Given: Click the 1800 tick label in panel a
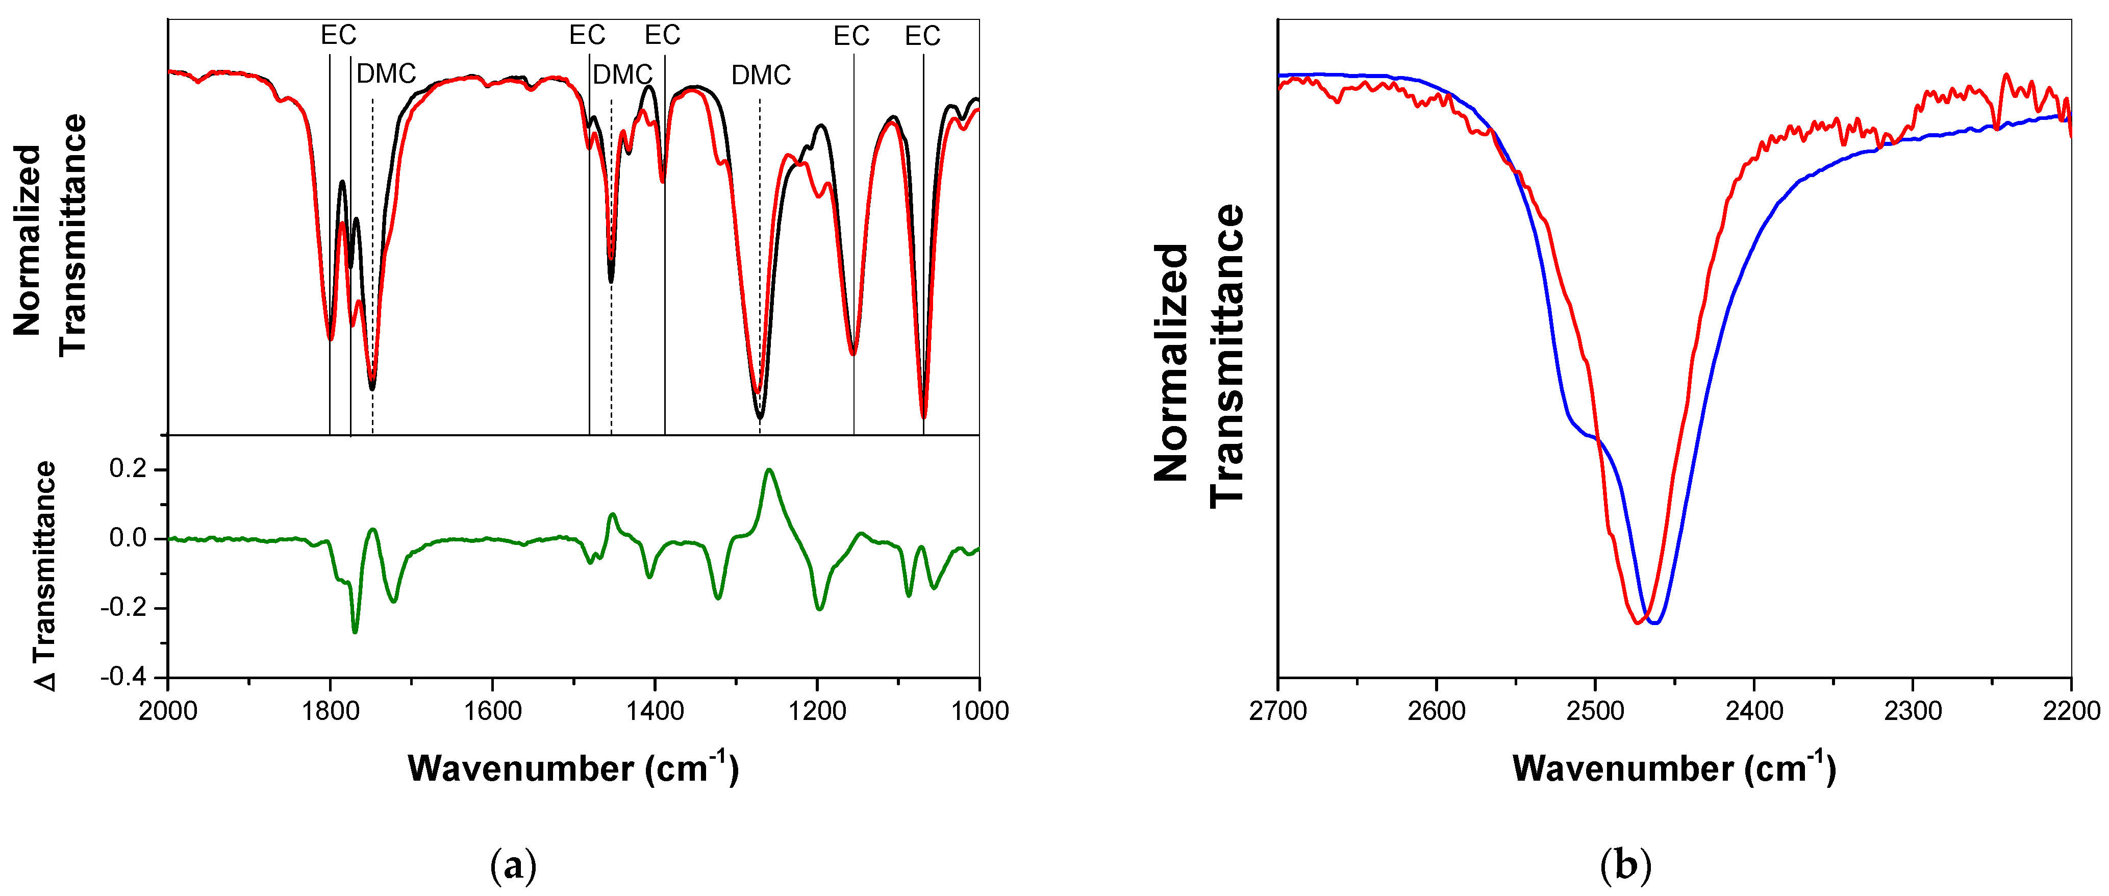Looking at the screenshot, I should (x=330, y=710).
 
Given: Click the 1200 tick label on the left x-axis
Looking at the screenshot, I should (x=817, y=710).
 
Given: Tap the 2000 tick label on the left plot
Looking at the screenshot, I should (x=168, y=710).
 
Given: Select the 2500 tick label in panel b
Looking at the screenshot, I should (x=1595, y=710).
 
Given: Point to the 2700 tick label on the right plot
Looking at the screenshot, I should (x=1278, y=710).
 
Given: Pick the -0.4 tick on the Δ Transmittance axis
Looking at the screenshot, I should (x=123, y=677).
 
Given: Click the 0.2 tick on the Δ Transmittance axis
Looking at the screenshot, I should (x=128, y=469).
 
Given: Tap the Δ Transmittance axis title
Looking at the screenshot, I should (x=45, y=576).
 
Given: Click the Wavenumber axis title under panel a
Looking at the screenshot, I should (x=573, y=768).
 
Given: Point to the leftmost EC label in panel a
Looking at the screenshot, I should (x=338, y=35).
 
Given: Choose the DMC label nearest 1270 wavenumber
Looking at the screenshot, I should (x=761, y=76).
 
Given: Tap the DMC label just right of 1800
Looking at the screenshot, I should (x=386, y=73).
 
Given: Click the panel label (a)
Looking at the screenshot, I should (x=513, y=865).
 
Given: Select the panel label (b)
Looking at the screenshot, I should (x=1625, y=865).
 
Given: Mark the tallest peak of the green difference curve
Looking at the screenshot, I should (x=769, y=470).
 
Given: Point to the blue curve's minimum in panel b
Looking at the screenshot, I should (x=1654, y=623).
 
